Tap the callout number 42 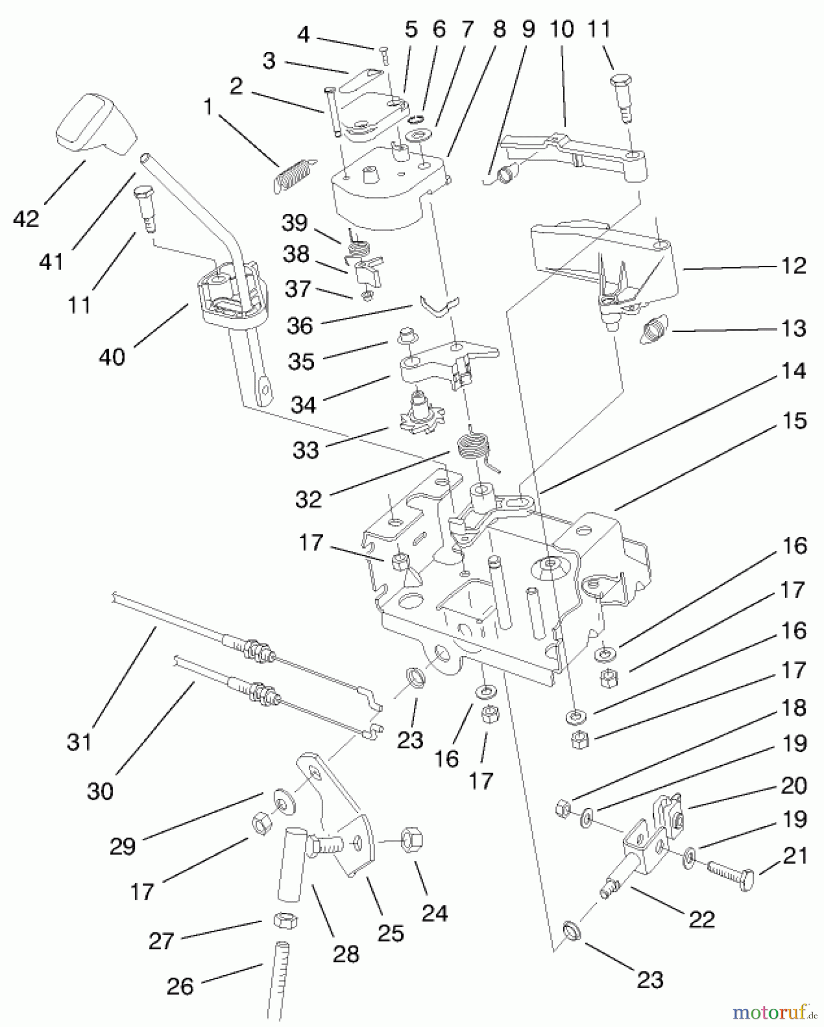point(26,219)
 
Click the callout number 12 point(794,266)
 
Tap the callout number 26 point(180,986)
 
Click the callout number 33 point(306,450)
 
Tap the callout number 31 point(79,742)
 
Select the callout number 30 point(101,791)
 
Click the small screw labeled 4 point(384,55)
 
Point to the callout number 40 point(112,357)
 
